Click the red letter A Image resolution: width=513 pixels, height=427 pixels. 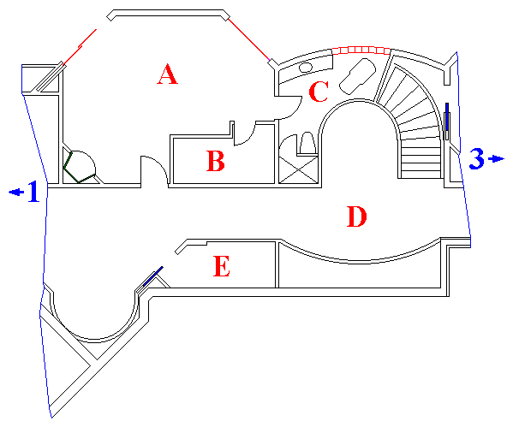(168, 74)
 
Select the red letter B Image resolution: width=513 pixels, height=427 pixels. (216, 161)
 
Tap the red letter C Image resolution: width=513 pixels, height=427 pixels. (319, 92)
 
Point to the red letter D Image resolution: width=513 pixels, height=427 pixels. (356, 216)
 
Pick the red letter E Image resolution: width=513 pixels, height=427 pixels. (222, 266)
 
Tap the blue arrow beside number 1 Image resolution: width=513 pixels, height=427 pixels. (16, 192)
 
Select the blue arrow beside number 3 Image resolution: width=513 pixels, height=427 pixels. (496, 159)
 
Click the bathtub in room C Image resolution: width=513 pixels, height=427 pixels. (357, 76)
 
